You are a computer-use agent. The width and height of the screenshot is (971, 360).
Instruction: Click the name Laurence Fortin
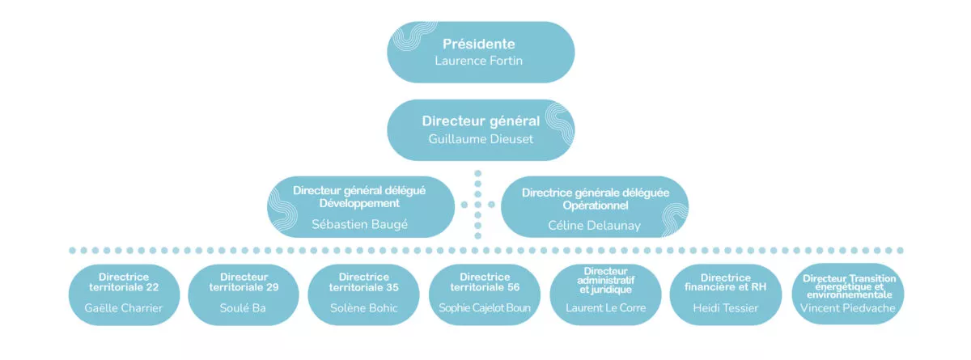(x=479, y=60)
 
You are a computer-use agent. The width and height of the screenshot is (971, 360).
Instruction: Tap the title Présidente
(x=479, y=44)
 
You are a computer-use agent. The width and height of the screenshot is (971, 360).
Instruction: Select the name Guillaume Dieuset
(x=481, y=138)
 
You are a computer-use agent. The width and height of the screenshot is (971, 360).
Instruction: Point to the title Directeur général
(x=481, y=121)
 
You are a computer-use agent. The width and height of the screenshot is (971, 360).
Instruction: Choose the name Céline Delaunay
(x=595, y=225)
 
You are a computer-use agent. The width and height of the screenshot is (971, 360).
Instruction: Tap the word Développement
(x=359, y=202)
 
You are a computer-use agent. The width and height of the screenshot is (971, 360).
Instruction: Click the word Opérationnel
(x=595, y=205)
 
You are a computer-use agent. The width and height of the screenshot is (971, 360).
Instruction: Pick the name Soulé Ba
(x=244, y=308)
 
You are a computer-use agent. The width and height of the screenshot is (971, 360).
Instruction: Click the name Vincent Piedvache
(x=848, y=308)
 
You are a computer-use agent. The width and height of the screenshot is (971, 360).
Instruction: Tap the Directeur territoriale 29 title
(x=244, y=282)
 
